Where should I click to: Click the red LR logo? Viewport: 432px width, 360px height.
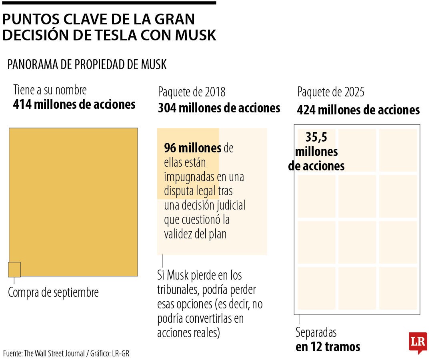coord(418,342)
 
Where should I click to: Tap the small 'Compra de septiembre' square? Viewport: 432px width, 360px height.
coord(14,270)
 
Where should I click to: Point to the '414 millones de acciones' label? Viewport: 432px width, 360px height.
coord(74,104)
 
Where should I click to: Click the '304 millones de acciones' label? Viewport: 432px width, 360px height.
coord(219,108)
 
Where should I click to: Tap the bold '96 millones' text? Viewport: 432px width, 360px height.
coord(192,148)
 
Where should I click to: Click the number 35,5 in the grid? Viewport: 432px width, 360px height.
coord(316,137)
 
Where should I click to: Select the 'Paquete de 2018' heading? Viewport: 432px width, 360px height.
coord(192,92)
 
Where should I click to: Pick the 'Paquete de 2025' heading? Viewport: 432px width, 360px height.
coord(330,92)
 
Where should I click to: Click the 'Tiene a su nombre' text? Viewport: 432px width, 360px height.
coord(50,90)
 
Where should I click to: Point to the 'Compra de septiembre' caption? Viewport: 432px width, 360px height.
coord(53,292)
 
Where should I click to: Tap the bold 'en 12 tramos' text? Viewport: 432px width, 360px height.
coord(328,346)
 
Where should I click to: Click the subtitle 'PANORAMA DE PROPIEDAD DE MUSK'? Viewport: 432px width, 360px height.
coord(87,64)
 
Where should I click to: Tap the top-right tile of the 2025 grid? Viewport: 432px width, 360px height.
coord(398,150)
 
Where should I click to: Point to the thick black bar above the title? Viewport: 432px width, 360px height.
coord(108,2)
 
